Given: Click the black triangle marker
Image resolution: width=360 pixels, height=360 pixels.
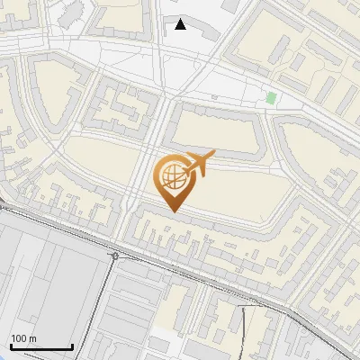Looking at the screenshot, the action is pyautogui.click(x=181, y=24).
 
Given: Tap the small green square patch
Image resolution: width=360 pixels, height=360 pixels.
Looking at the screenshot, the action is pyautogui.click(x=271, y=97).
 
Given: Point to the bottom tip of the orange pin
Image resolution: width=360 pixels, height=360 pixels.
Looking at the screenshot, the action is pyautogui.click(x=173, y=212).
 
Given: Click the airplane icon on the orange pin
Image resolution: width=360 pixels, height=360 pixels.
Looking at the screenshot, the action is pyautogui.click(x=199, y=165).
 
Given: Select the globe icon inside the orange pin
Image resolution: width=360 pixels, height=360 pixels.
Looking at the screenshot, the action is pyautogui.click(x=172, y=177).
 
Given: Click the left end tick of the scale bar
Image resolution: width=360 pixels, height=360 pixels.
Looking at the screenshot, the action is pyautogui.click(x=11, y=346).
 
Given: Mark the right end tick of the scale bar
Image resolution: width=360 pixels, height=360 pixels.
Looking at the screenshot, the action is pyautogui.click(x=72, y=346).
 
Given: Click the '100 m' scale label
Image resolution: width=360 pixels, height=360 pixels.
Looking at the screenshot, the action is pyautogui.click(x=23, y=338).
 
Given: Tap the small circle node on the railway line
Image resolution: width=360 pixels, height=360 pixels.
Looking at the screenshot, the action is pyautogui.click(x=115, y=256).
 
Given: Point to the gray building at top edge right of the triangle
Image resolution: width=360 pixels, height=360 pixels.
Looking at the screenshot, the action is pyautogui.click(x=232, y=5).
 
